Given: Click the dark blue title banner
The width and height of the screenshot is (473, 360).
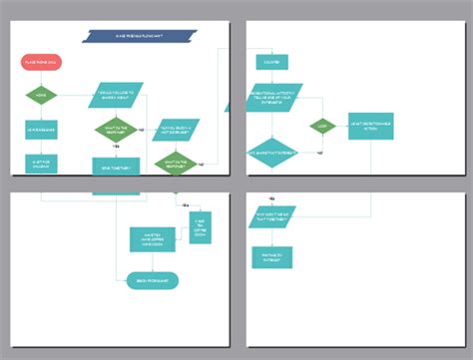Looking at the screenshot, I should [149, 37].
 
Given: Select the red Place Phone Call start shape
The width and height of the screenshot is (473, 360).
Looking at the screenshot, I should [41, 62].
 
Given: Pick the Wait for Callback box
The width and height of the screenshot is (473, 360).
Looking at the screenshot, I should [41, 164].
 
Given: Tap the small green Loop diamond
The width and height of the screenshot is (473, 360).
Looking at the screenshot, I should [322, 127].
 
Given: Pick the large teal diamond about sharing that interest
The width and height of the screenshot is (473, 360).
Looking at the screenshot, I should [272, 153].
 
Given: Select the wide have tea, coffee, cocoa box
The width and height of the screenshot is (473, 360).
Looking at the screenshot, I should [153, 238].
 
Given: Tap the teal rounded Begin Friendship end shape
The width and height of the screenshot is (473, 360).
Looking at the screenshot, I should [153, 281].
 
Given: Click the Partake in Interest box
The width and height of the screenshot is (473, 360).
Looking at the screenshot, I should [270, 257].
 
